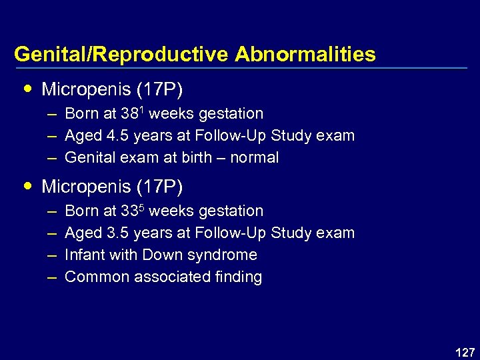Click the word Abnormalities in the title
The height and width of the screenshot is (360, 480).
(x=305, y=54)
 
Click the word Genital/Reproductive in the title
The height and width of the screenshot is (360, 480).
(x=121, y=54)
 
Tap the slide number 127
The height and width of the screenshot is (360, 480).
(x=463, y=351)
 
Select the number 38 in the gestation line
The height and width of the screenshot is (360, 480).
(x=129, y=114)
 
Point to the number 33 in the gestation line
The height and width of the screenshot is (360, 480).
(x=129, y=211)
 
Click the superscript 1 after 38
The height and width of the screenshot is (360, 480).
(x=141, y=109)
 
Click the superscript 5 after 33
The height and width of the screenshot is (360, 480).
(x=141, y=207)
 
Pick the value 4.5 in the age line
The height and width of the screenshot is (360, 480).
(x=117, y=136)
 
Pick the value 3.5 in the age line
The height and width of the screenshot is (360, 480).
(x=117, y=233)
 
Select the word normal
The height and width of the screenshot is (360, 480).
(x=254, y=158)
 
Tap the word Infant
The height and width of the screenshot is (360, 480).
(x=83, y=255)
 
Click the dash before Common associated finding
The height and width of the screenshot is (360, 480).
(x=51, y=277)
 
